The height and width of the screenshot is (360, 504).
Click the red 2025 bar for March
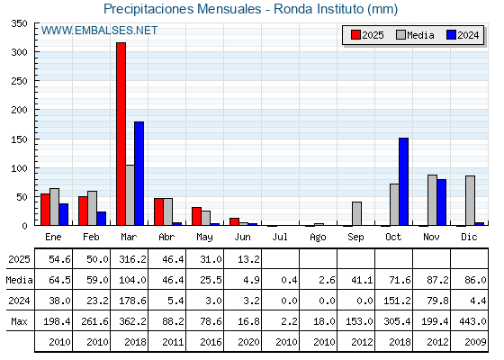121,134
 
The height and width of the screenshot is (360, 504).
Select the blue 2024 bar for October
404,182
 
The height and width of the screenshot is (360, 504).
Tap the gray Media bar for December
470,201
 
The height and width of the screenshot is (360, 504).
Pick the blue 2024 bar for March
139,174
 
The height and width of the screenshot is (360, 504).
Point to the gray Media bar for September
356,213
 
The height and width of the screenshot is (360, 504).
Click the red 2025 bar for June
234,221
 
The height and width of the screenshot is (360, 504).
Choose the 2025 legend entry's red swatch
355,35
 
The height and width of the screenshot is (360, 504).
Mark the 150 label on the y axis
19,139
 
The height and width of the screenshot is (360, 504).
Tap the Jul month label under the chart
280,237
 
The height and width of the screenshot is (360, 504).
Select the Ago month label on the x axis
318,238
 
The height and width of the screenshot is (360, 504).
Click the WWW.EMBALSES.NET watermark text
99,31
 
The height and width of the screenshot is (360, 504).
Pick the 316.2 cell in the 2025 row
132,259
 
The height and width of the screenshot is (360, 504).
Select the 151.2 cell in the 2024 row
397,301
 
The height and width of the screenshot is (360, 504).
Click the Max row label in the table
19,321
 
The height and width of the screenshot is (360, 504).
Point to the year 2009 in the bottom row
475,342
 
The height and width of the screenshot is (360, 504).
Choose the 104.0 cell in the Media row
132,280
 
